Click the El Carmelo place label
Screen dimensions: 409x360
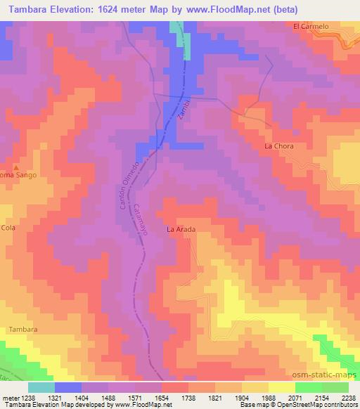[311, 26]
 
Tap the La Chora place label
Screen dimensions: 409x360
[278, 146]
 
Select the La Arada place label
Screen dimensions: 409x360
[180, 229]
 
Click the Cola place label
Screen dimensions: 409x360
[8, 228]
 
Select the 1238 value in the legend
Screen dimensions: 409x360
[27, 397]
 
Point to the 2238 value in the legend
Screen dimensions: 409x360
[347, 397]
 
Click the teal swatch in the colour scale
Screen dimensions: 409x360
[41, 387]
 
